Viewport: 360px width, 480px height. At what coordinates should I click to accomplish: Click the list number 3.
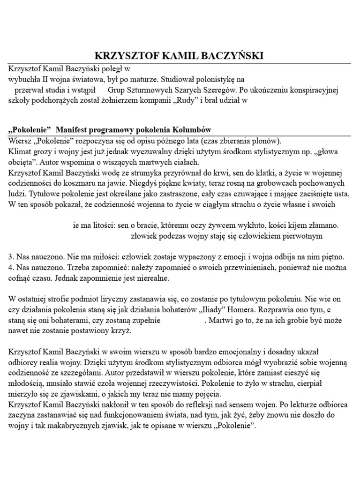point(11,257)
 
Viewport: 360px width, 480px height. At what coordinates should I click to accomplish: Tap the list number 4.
point(11,268)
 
